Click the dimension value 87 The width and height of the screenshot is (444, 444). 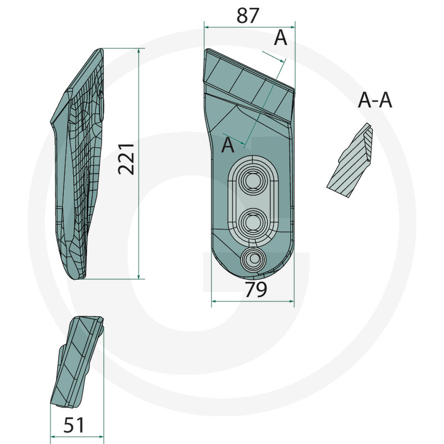[248, 16]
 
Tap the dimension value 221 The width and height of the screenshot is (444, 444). [126, 159]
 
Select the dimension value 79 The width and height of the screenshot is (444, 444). [256, 289]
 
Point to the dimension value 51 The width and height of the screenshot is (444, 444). [74, 425]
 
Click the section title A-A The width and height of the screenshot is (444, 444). [375, 100]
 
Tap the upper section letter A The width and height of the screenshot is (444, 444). [280, 38]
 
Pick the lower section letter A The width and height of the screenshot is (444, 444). [228, 145]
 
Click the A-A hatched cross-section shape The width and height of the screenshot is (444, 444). [350, 160]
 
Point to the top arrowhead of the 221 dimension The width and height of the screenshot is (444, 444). [139, 51]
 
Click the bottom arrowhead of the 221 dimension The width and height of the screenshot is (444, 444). [139, 276]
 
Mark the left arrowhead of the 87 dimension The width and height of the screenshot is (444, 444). [206, 27]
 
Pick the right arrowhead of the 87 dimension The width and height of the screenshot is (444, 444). [292, 27]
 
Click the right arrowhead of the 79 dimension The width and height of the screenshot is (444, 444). [291, 301]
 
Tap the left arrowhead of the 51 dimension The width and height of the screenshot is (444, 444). [53, 437]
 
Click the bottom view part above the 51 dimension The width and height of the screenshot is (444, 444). [77, 362]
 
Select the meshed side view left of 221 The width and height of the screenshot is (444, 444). [77, 164]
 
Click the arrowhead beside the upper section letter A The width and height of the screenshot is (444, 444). [281, 60]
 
